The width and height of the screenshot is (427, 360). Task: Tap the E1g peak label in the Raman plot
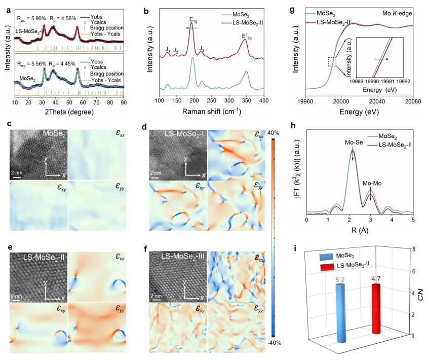(x=193, y=20)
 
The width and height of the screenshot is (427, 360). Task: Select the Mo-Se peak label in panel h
(x=353, y=143)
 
